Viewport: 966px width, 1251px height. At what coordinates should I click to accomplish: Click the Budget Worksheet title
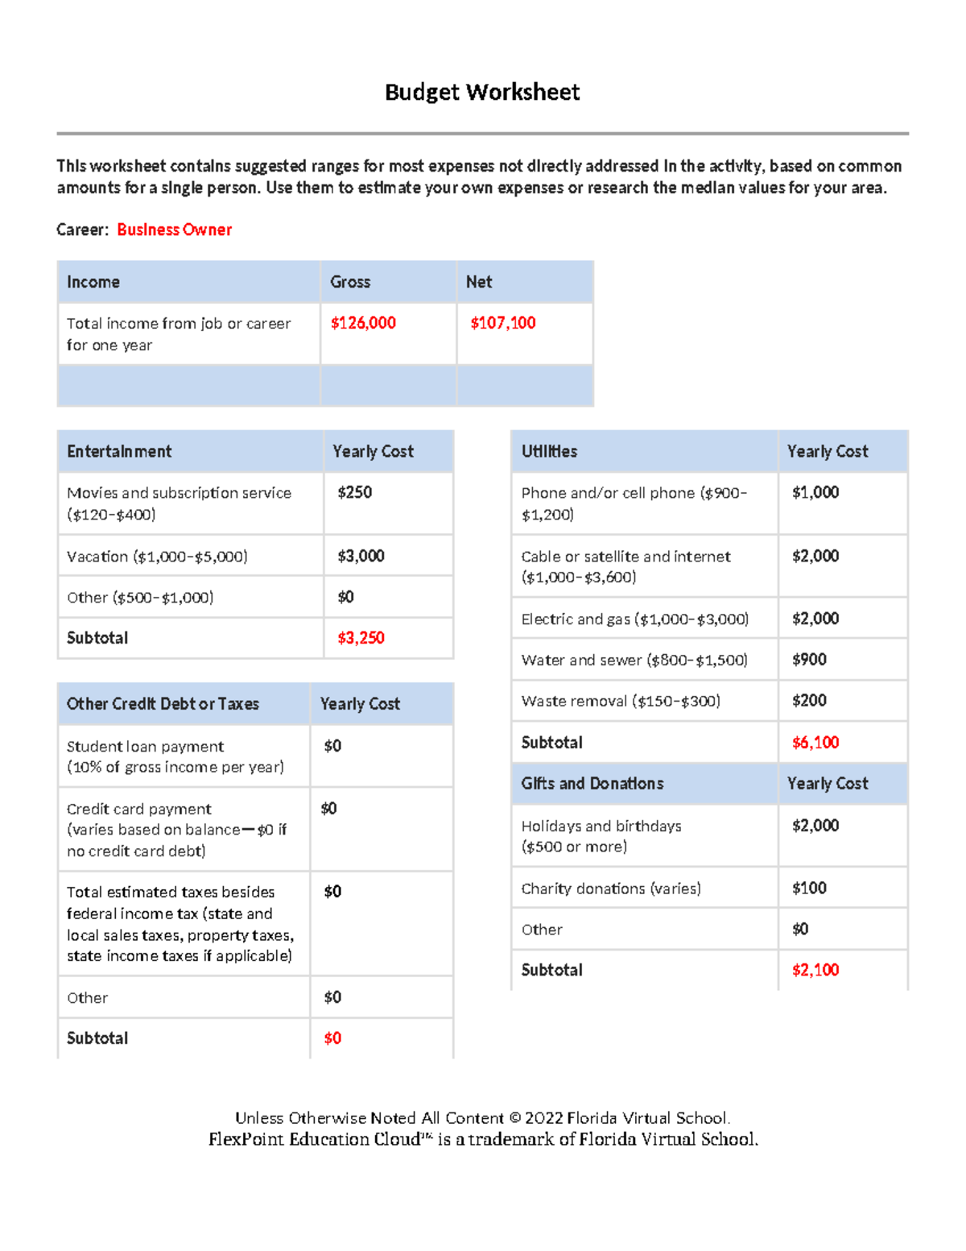point(481,93)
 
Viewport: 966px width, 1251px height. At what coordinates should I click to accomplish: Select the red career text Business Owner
point(174,230)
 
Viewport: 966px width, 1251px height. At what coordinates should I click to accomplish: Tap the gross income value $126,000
point(363,323)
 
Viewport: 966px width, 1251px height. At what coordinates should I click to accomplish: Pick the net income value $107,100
point(502,323)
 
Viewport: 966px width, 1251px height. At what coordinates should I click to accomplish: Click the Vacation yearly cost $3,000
point(361,556)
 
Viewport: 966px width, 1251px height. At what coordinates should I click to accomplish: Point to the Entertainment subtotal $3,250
point(361,638)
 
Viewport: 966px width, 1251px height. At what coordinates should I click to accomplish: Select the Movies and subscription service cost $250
point(354,492)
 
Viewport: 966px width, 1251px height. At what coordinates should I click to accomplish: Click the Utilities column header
point(549,451)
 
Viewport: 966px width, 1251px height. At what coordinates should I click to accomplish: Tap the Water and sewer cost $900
point(809,660)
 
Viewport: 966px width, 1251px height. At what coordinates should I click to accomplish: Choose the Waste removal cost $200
point(809,701)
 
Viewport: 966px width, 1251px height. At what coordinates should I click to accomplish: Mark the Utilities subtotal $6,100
point(815,743)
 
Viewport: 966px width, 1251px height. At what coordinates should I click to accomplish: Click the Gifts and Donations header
point(592,784)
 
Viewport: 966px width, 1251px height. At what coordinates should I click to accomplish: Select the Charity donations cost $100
point(809,889)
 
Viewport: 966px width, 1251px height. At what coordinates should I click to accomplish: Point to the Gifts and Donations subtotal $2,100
point(815,970)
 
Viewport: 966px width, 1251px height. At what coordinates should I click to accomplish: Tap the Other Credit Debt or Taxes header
point(163,704)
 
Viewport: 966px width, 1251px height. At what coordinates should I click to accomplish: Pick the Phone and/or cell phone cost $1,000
point(815,492)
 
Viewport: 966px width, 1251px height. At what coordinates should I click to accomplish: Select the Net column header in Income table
point(479,282)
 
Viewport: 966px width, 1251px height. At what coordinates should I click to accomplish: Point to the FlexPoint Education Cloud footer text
point(483,1139)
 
